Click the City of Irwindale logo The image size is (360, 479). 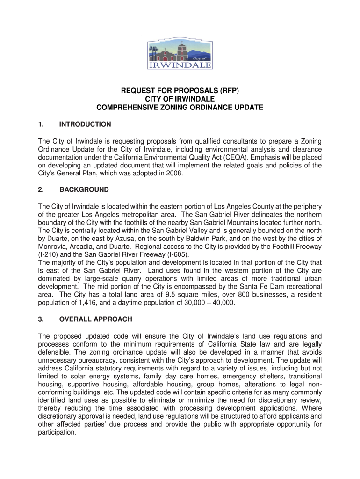click(x=180, y=54)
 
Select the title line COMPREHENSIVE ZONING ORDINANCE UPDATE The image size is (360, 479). click(x=180, y=108)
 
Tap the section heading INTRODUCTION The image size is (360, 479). click(x=85, y=124)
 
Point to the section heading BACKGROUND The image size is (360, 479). click(x=84, y=189)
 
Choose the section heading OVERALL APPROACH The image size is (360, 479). click(x=96, y=319)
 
